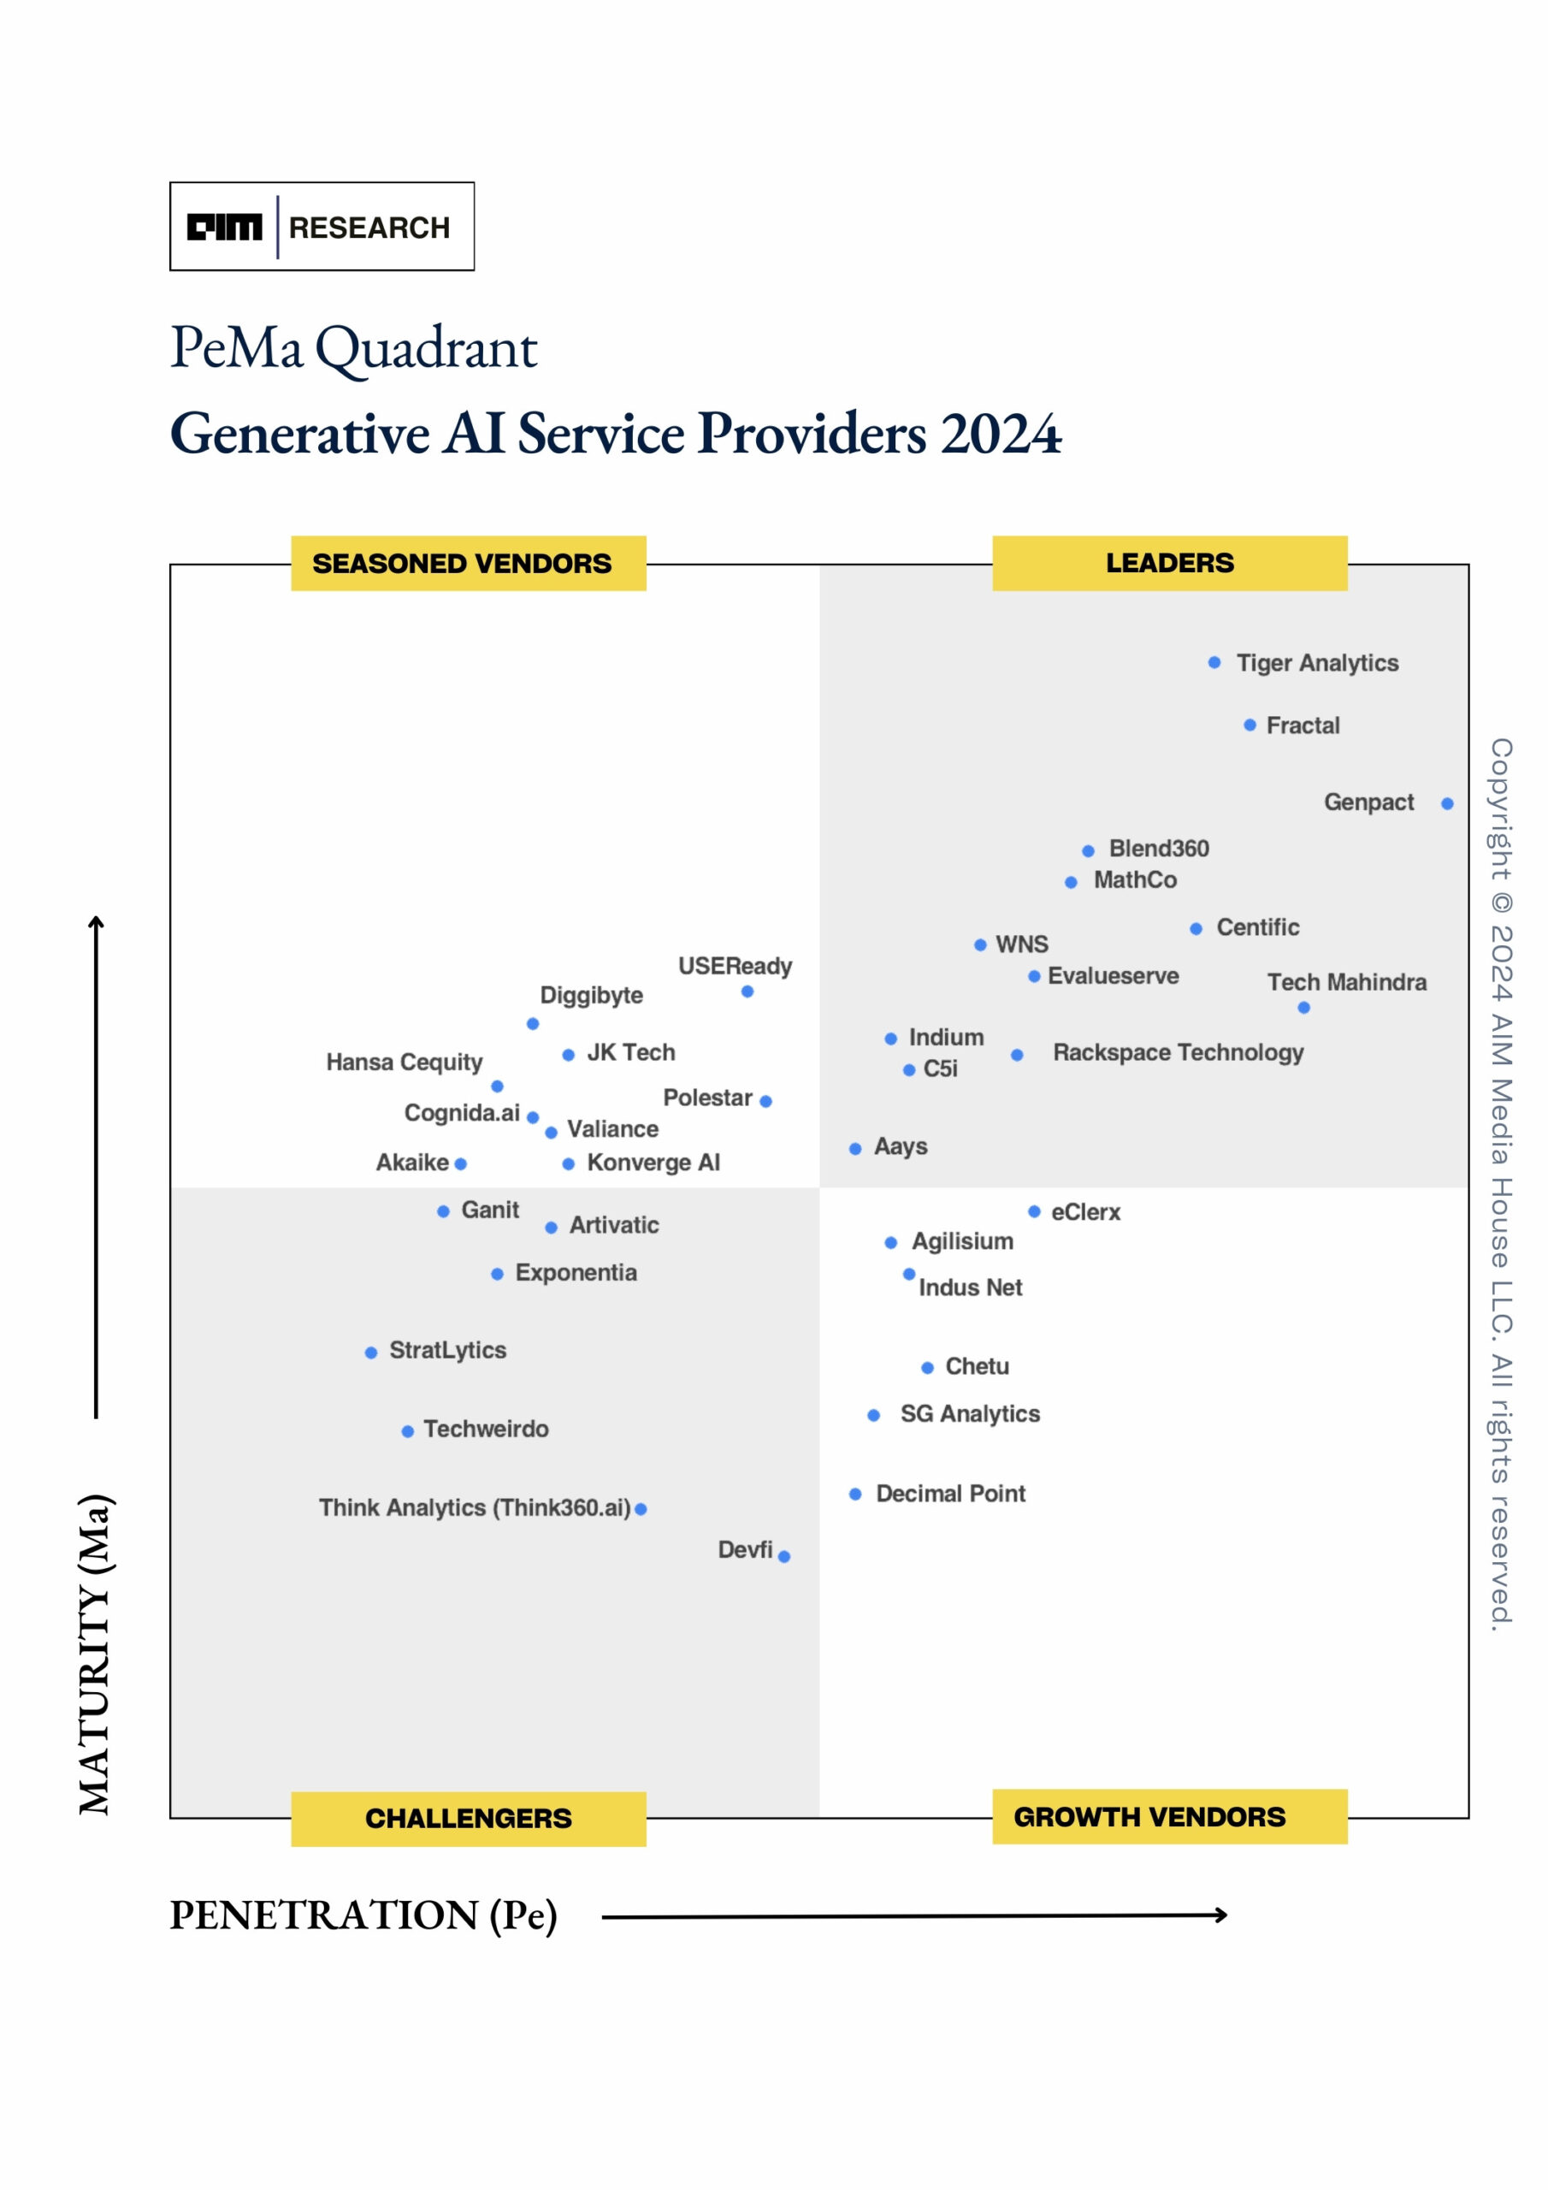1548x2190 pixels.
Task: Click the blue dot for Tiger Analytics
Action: click(x=1214, y=662)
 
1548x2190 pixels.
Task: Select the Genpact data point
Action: click(x=1447, y=803)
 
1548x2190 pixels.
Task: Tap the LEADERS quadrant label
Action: click(x=1169, y=563)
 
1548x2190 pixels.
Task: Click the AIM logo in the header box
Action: click(x=224, y=227)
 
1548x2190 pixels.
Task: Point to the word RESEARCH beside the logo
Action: click(x=369, y=227)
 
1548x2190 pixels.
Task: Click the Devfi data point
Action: click(x=784, y=1556)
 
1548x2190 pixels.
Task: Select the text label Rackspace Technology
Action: click(x=1178, y=1052)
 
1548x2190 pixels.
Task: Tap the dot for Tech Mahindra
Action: click(x=1304, y=1007)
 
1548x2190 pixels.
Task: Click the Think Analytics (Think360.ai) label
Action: click(x=474, y=1507)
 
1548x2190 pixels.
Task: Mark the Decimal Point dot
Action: click(x=854, y=1494)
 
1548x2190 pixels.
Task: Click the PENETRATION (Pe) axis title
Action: click(x=363, y=1915)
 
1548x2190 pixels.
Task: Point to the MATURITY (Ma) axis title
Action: click(x=96, y=1654)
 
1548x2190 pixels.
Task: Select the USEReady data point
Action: click(x=747, y=991)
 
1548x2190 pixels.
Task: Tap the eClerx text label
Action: click(x=1085, y=1211)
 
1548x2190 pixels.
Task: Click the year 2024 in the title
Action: click(x=1001, y=433)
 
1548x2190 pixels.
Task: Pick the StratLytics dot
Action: click(x=371, y=1352)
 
